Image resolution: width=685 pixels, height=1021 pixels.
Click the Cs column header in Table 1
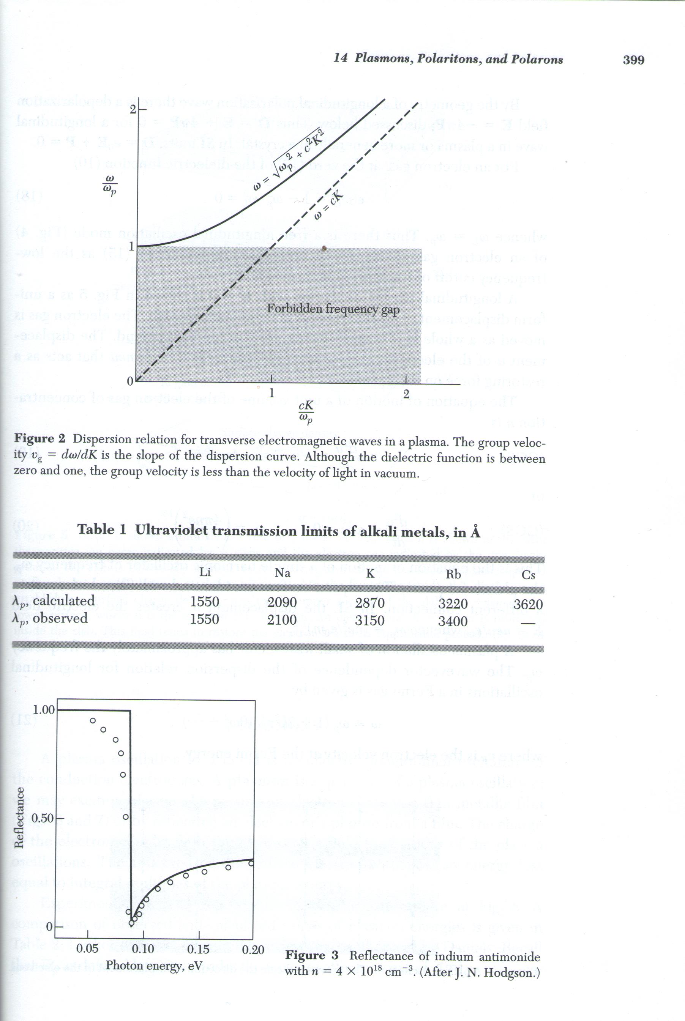tap(528, 575)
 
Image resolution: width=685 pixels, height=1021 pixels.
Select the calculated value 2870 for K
tap(369, 603)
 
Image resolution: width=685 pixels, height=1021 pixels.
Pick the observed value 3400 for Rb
tap(453, 621)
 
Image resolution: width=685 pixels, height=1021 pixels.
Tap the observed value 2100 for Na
tap(282, 620)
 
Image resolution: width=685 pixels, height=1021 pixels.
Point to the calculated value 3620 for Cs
tap(528, 604)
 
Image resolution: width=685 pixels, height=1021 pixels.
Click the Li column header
tap(205, 572)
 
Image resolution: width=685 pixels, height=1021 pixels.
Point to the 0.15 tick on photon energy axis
tap(198, 949)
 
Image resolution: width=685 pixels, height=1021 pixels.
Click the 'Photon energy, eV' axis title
tap(154, 965)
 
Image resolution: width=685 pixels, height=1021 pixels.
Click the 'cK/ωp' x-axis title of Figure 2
tap(306, 412)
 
